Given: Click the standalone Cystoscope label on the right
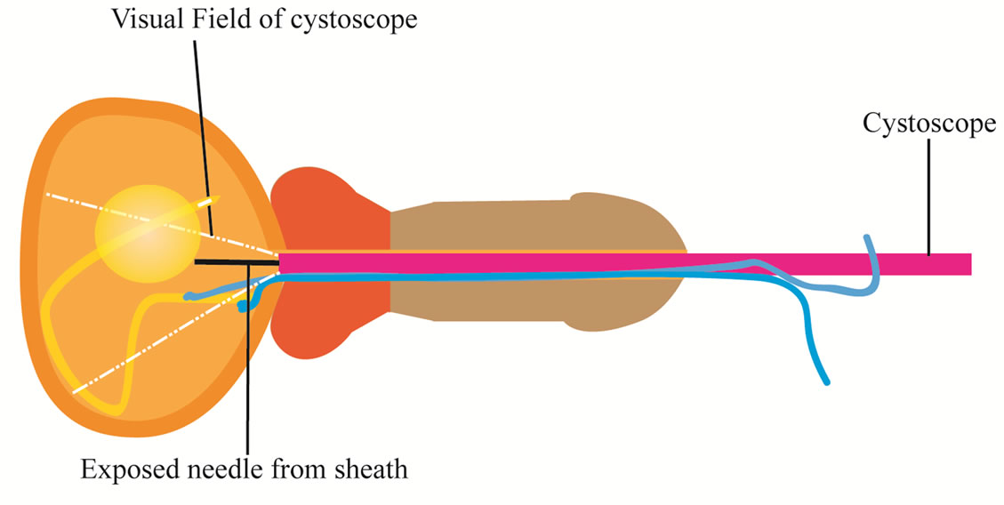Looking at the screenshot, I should click(928, 124).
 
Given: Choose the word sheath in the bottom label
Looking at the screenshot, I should click(374, 469).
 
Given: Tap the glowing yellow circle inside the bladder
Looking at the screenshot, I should click(145, 233).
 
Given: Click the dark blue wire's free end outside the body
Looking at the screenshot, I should click(828, 382).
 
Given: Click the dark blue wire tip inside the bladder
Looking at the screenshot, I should click(243, 308).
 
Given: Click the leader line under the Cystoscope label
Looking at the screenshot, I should click(929, 196).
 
